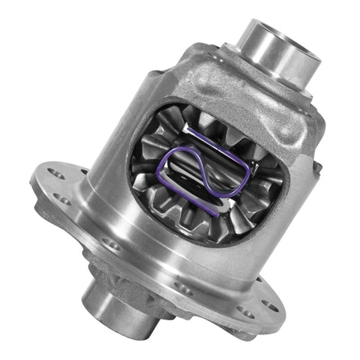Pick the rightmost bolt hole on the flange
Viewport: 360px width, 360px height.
pyautogui.click(x=268, y=307)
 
